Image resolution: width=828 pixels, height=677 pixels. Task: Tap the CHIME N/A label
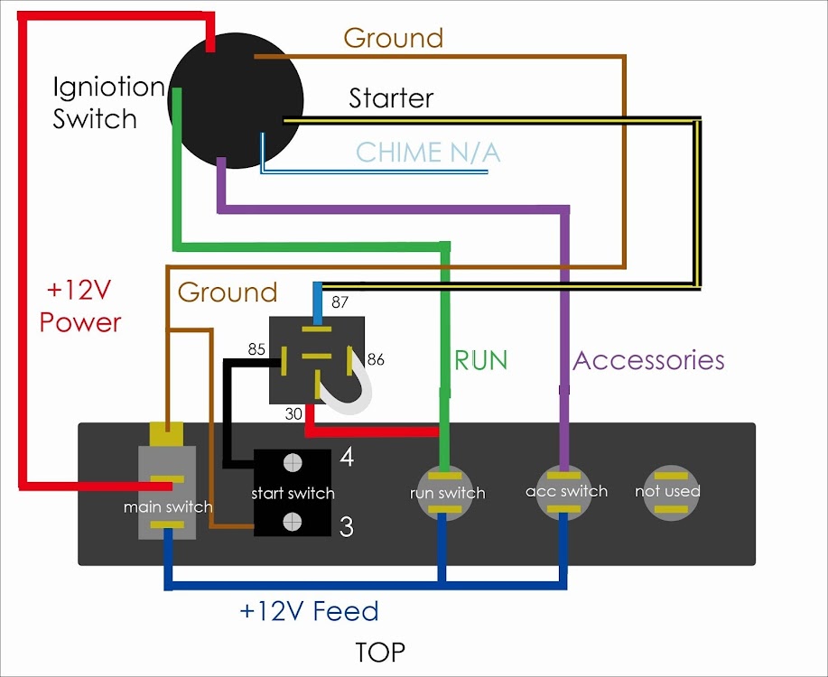click(x=428, y=152)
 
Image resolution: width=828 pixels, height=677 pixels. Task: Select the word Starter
click(x=391, y=97)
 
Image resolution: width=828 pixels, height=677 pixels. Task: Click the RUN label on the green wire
click(x=480, y=360)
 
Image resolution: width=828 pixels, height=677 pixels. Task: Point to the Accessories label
click(x=648, y=360)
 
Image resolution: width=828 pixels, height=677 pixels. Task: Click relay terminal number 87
click(x=340, y=302)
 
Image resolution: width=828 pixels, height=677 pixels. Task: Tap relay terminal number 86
click(x=376, y=359)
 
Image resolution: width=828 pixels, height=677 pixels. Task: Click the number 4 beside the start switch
click(x=346, y=458)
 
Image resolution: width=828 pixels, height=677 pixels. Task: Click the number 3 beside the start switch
click(x=346, y=527)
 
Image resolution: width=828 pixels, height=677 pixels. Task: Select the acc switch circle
click(x=566, y=492)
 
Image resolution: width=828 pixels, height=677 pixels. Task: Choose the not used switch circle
click(x=668, y=491)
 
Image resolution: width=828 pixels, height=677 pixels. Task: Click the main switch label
click(x=168, y=507)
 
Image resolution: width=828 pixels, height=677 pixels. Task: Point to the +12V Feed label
click(x=309, y=611)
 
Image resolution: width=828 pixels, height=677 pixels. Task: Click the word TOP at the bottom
click(x=380, y=651)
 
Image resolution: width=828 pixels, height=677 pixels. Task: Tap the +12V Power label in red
click(x=80, y=307)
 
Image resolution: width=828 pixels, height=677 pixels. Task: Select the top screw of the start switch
click(x=292, y=463)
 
